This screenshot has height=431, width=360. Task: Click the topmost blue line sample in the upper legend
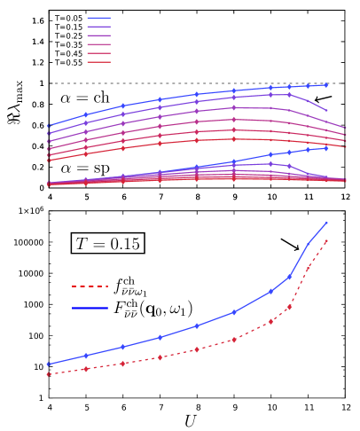click(98, 18)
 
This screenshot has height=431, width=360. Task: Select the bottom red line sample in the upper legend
click(98, 62)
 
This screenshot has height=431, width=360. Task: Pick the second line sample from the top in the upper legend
click(98, 27)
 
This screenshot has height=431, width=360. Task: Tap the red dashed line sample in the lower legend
click(90, 286)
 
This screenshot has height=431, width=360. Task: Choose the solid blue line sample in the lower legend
click(90, 308)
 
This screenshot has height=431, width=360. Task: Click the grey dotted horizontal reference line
click(195, 83)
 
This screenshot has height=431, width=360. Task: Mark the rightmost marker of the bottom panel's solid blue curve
click(326, 223)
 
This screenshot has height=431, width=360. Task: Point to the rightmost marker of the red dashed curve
click(326, 240)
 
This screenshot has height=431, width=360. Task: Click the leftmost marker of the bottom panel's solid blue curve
click(48, 364)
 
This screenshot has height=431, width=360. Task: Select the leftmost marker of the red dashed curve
click(48, 374)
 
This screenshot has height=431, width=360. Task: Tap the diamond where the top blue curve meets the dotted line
click(326, 84)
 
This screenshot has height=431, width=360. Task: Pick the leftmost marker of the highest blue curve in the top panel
click(48, 126)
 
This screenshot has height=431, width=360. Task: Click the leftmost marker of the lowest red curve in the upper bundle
click(48, 161)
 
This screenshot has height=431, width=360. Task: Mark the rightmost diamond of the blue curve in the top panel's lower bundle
click(326, 148)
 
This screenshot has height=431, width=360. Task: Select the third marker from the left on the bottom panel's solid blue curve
click(122, 347)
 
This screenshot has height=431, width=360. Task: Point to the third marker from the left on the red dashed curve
click(122, 363)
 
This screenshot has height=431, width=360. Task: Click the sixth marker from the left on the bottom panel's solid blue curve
click(234, 312)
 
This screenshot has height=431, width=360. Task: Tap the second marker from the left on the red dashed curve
click(85, 369)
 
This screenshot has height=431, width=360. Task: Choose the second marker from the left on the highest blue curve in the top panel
click(85, 114)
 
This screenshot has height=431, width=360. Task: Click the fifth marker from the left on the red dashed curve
click(197, 349)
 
